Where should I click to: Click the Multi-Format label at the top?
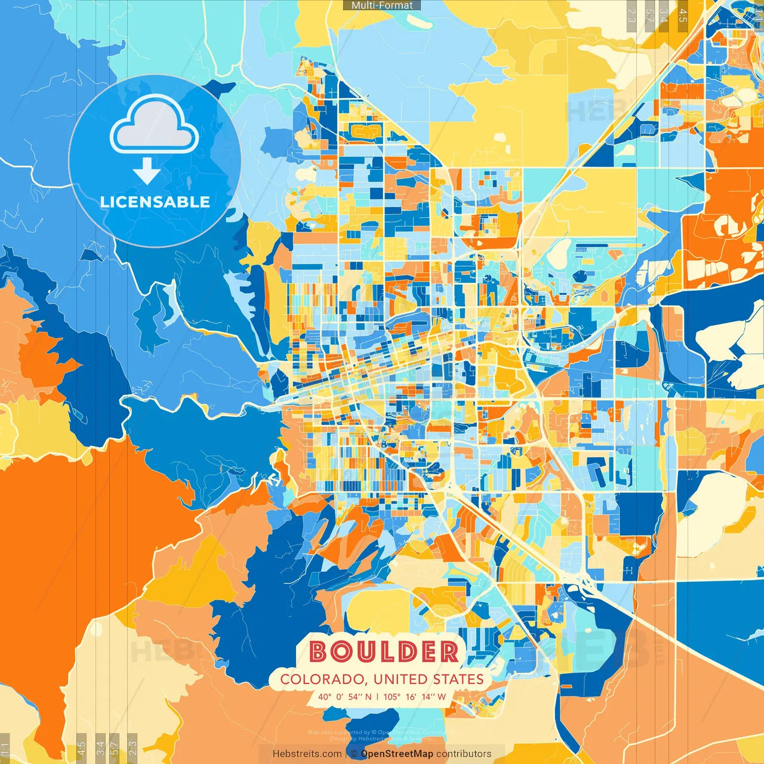tap(382, 5)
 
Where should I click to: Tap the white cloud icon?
tap(155, 126)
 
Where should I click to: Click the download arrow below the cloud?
tap(147, 171)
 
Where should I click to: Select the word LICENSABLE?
tap(155, 202)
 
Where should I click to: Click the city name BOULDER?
tap(384, 652)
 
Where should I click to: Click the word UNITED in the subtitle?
tap(400, 679)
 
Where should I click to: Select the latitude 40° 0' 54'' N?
tap(344, 697)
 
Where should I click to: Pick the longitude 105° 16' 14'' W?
tap(415, 697)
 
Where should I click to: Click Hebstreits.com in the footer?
tap(307, 754)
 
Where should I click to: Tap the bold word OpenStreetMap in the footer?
tap(397, 754)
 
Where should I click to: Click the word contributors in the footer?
tap(464, 754)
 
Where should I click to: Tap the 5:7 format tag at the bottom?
tap(115, 747)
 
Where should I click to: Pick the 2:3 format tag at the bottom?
tap(133, 747)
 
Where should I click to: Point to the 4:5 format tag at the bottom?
tap(81, 747)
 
